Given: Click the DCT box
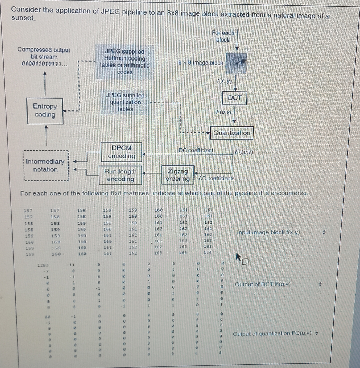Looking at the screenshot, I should tap(235, 98).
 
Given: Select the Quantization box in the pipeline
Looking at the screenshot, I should tap(232, 133).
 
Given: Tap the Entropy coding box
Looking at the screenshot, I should tap(45, 110).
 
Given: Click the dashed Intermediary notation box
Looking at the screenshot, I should tap(45, 165).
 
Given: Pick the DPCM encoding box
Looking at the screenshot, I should tap(121, 152).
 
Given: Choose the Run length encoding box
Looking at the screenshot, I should tap(120, 175).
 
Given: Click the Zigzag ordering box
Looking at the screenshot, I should tap(178, 175).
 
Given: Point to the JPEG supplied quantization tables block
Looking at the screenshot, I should tap(125, 102).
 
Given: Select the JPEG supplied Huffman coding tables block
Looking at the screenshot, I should tap(125, 62).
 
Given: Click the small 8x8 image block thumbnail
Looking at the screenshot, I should tap(237, 63).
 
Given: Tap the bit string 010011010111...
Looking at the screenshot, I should tap(44, 63).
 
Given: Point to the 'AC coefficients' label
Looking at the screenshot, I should tap(216, 178).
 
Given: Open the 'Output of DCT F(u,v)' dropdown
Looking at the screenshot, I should tap(278, 284).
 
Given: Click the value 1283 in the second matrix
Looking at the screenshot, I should tap(43, 265).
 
